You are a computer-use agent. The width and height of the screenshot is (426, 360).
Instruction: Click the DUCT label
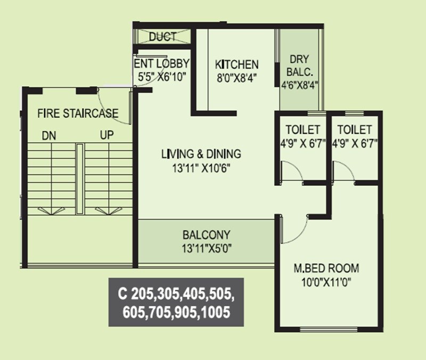pos(162,37)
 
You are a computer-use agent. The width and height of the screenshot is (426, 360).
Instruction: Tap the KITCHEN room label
pos(236,64)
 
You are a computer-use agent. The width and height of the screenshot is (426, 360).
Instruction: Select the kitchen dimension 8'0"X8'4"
pos(236,77)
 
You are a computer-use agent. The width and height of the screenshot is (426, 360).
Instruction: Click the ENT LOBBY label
pos(161,64)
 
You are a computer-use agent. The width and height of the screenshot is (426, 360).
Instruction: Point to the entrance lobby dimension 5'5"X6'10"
pos(161,77)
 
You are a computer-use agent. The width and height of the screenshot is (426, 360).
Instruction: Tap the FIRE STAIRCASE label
pos(78,113)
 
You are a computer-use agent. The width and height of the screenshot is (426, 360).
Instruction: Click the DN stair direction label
pos(49,136)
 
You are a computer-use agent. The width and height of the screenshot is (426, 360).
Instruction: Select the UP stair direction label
pos(106,136)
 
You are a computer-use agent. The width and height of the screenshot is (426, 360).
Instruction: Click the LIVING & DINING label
pos(201,154)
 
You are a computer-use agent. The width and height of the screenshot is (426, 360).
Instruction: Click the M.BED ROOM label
pos(327,268)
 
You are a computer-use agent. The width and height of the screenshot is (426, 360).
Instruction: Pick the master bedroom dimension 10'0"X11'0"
pos(327,281)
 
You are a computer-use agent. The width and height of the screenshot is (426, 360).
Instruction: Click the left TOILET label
pos(302,130)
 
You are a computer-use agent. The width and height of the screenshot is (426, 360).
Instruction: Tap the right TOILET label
pos(355,130)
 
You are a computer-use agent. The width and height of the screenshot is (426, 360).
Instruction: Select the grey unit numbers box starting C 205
pos(176,302)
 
